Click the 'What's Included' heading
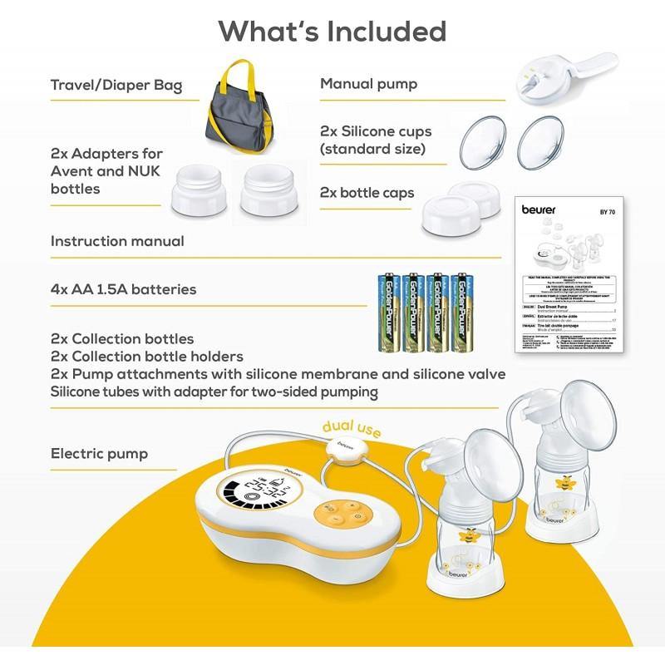332,32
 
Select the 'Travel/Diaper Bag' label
116,85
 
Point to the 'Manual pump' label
368,84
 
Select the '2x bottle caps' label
367,192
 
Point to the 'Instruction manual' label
117,241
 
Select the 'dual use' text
345,426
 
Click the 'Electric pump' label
100,454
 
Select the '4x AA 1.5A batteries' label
124,289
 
